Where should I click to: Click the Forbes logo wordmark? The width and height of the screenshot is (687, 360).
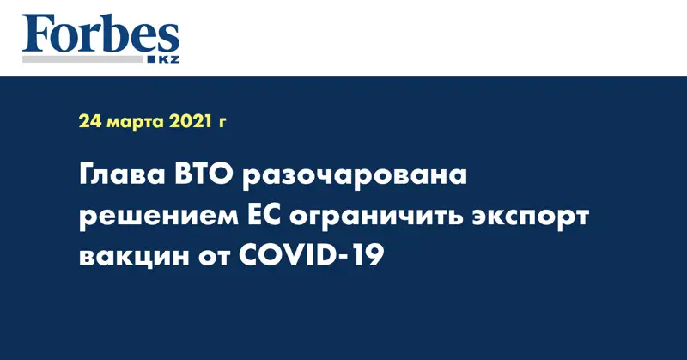coord(100,34)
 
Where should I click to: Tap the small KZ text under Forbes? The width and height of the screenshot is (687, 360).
coord(168,59)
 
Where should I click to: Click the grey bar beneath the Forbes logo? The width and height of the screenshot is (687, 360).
coord(82,59)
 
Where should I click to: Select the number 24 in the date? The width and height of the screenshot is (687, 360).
coord(90,121)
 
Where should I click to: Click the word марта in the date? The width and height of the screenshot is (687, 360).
coord(136,122)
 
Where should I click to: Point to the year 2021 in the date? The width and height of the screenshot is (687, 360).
coord(190,121)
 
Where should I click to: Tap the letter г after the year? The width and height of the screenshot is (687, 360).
coord(222,123)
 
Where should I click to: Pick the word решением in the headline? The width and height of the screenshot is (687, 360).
coord(157,218)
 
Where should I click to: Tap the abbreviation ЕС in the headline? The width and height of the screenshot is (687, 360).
coord(263,216)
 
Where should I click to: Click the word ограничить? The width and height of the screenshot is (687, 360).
coord(375,218)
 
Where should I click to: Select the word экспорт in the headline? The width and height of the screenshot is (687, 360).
coord(530,218)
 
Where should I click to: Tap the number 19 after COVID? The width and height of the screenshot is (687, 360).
coord(369,256)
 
